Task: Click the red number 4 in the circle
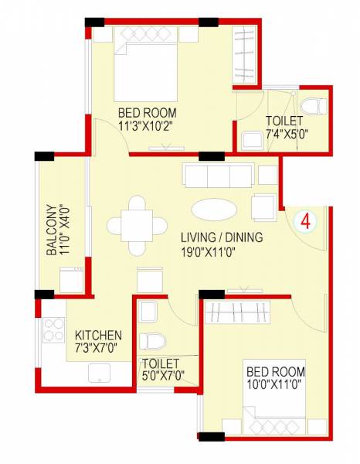[x=306, y=220]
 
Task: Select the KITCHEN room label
[x=98, y=335]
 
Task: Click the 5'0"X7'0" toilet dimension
[x=162, y=377]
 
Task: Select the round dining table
[x=137, y=225]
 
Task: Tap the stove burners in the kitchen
[x=53, y=331]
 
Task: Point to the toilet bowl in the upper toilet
[x=312, y=105]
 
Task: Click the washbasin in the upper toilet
[x=251, y=141]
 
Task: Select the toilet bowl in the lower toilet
[x=154, y=341]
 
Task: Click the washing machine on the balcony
[x=71, y=278]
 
